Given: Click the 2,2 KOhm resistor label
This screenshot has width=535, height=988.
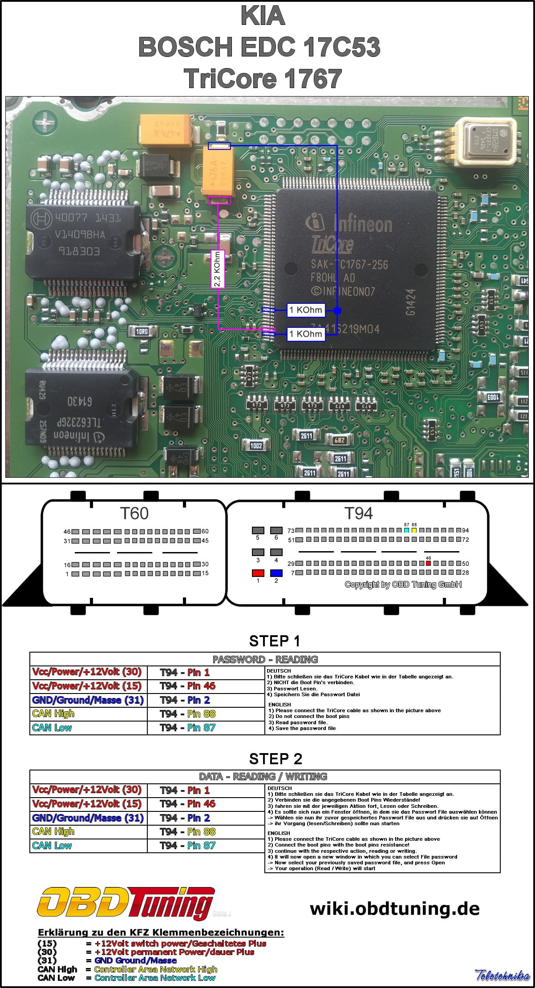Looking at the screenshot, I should pos(218,269).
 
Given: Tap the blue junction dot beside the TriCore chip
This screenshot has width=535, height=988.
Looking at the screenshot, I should pos(337,311).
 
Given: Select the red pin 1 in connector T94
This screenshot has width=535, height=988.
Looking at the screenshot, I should pos(258,573).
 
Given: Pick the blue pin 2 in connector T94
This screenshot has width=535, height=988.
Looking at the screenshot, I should pos(276,573).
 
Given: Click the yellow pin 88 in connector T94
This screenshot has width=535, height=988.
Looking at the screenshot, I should pos(414,530).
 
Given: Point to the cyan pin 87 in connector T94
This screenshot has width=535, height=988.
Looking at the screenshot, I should pos(406,530).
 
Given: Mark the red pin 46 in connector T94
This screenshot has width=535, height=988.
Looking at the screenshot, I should pos(428,563).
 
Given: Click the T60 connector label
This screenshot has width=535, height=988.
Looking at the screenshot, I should pos(134,513).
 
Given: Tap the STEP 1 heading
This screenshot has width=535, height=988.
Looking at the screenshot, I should pos(275,641).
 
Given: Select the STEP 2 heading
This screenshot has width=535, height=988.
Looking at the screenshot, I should pos(276,758).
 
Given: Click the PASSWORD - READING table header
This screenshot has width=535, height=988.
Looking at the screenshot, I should pos(265,659).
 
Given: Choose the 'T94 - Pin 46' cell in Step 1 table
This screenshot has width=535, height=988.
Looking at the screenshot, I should pos(188,686).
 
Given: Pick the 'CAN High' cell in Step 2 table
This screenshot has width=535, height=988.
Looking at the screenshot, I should pos(53,831).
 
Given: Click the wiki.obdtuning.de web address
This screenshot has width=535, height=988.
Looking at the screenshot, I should pos(394,908).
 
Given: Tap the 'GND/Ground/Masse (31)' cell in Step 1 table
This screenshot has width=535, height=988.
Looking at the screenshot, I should pos(88,700).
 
